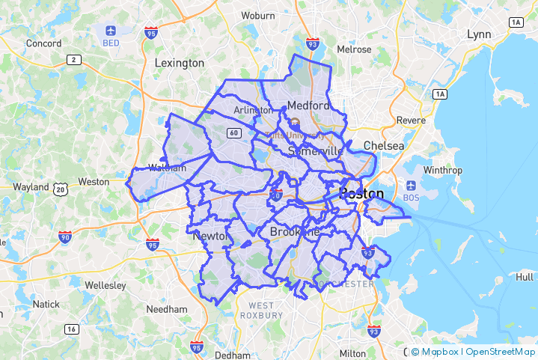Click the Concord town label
tap(43, 43)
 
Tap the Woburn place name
tap(257, 15)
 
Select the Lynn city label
tap(478, 34)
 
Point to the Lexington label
tap(179, 63)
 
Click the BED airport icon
tap(111, 31)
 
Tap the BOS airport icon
tap(411, 185)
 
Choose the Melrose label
tap(354, 49)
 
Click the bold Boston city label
tap(361, 193)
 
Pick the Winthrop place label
tap(442, 170)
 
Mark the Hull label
tap(525, 276)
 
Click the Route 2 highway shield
tap(74, 60)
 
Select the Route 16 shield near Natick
tap(72, 329)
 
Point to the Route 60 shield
tap(235, 133)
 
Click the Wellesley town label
tap(105, 286)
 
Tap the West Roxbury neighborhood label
tap(261, 310)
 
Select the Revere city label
tap(411, 120)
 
